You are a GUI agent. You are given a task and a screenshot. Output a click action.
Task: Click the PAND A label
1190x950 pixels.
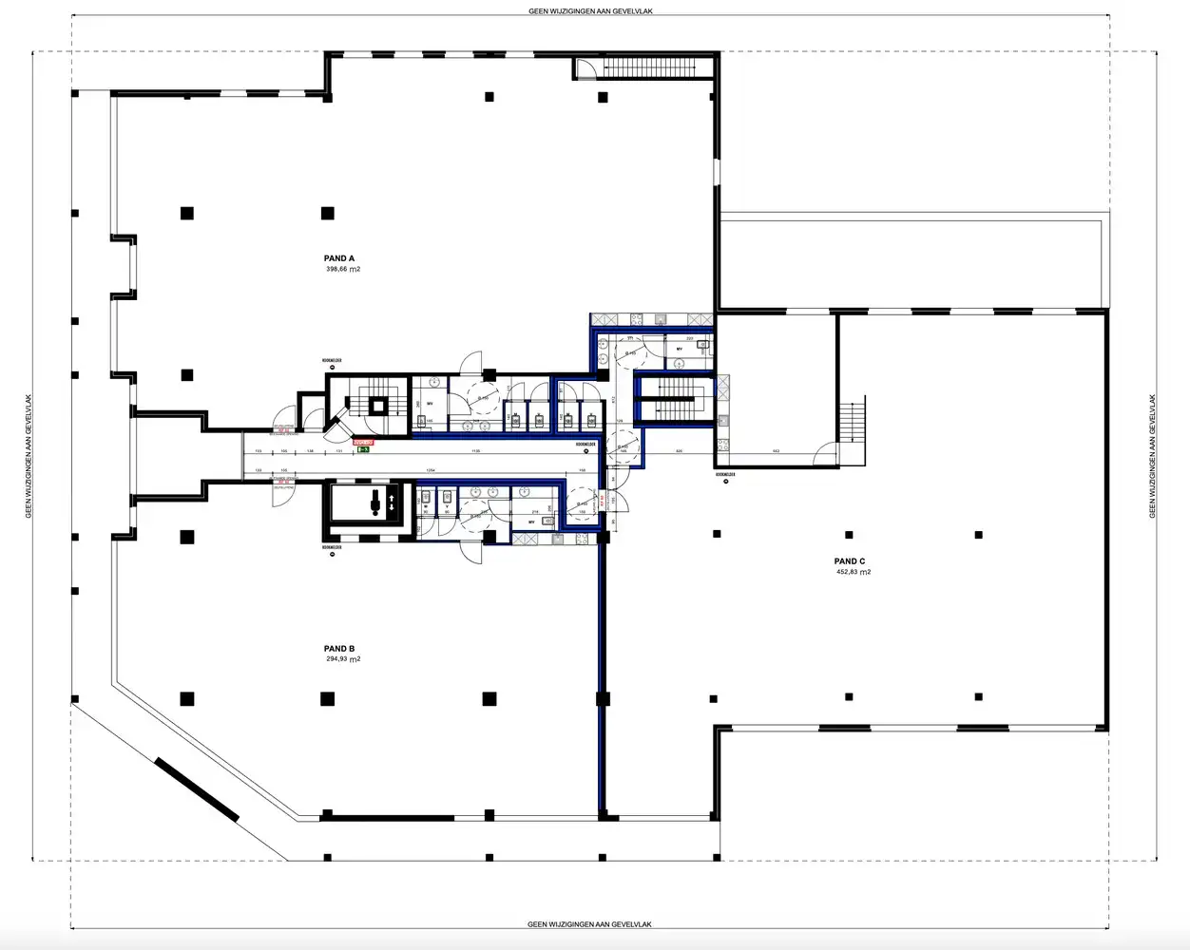point(338,258)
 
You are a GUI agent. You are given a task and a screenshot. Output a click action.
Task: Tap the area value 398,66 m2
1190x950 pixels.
point(342,270)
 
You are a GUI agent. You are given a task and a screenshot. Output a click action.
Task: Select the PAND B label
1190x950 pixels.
point(338,649)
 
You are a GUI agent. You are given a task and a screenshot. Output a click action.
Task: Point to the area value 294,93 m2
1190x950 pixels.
point(342,659)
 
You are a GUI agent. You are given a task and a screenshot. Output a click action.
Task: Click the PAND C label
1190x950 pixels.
point(850,561)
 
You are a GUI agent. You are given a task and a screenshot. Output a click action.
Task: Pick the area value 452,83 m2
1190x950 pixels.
point(854,572)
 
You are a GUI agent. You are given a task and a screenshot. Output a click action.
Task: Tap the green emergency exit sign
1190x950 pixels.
point(362,450)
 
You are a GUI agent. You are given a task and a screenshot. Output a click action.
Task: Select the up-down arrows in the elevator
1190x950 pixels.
point(389,503)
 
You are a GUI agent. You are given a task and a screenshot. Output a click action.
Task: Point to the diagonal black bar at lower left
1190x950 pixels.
point(197,788)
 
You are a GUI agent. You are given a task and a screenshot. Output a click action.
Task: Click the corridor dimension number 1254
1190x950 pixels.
point(430,470)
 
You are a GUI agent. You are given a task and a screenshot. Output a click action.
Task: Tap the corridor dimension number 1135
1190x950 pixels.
point(475,450)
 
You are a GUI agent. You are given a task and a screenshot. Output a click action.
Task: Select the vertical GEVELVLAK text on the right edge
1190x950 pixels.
point(1153,456)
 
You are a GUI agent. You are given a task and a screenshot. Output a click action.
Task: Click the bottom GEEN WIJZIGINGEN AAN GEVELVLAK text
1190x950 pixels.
point(590,924)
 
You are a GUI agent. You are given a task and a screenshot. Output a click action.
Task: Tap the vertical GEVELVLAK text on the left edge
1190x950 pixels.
point(29,456)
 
